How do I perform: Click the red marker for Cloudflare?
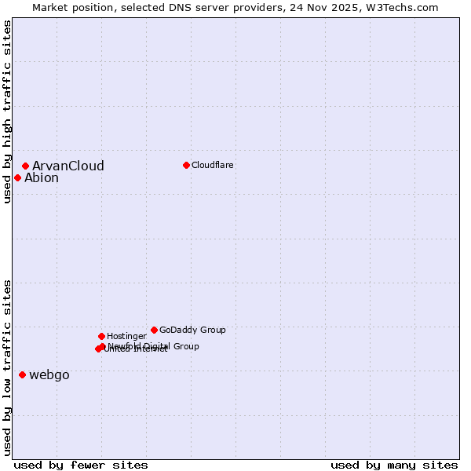tap(186, 165)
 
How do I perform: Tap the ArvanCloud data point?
tap(26, 166)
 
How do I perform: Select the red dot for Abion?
tap(17, 177)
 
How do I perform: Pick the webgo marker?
tap(22, 374)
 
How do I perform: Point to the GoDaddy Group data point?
tap(154, 330)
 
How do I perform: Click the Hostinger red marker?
tap(101, 336)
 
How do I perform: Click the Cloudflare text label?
tap(213, 165)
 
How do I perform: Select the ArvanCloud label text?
tap(68, 166)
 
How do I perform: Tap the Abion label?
tap(42, 178)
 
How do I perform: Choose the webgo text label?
tap(49, 375)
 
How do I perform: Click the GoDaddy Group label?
tap(192, 330)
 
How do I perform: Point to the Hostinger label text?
tap(126, 336)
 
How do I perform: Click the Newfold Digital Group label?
tap(154, 346)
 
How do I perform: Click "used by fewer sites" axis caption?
tap(81, 465)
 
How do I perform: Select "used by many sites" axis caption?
tap(394, 465)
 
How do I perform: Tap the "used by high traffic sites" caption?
tap(7, 111)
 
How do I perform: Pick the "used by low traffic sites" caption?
tap(7, 367)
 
